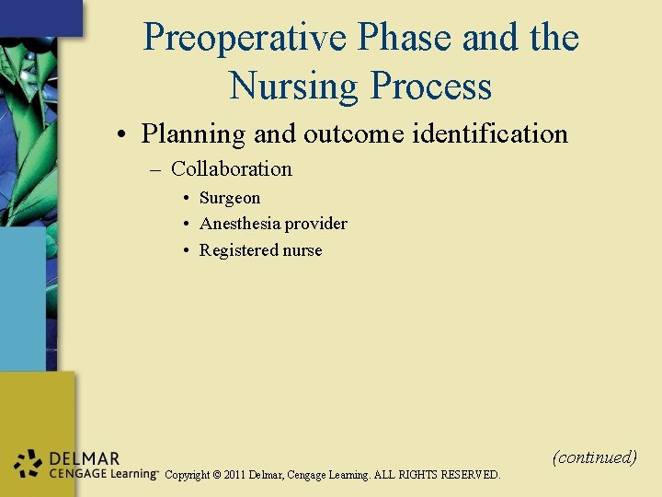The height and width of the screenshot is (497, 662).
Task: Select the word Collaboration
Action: (x=232, y=169)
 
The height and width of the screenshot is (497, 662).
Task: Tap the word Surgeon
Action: (x=230, y=199)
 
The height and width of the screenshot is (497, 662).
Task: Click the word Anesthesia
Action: (x=240, y=224)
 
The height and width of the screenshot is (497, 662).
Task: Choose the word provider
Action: (x=316, y=224)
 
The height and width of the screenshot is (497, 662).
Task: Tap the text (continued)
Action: (x=594, y=457)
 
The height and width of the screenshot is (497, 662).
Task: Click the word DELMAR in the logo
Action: (x=85, y=457)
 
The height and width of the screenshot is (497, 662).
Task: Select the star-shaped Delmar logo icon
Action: (x=29, y=465)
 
